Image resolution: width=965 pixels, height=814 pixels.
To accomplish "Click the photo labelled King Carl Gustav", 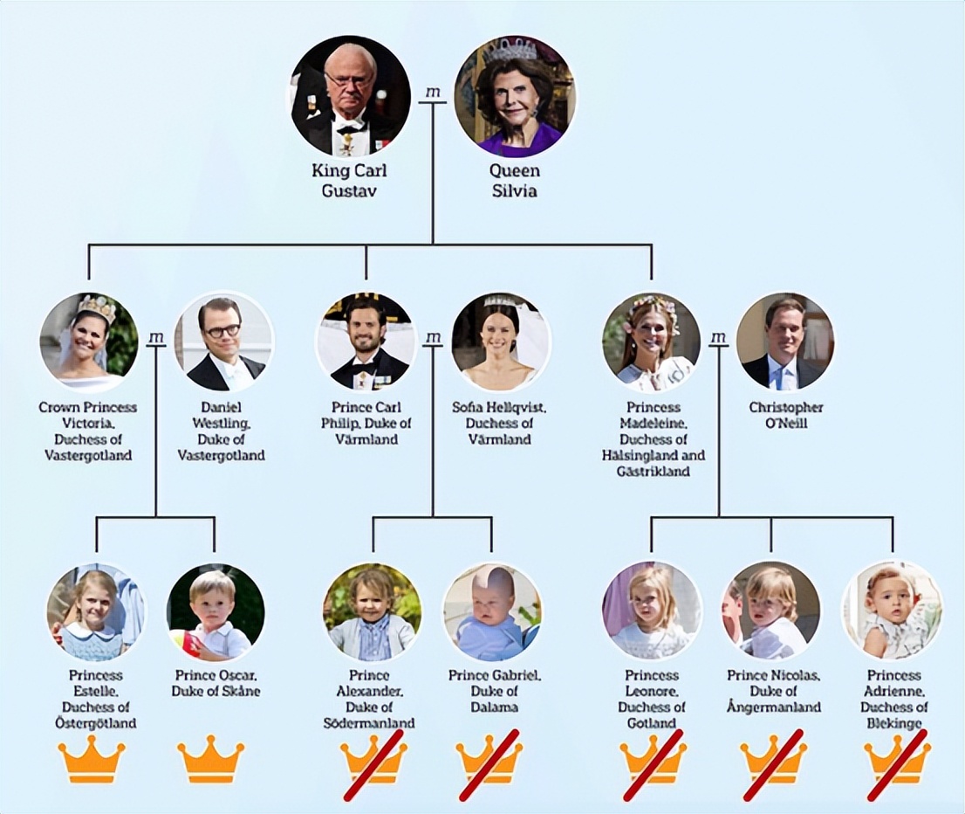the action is pos(351,95).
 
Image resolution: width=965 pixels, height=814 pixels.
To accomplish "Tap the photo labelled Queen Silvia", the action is pos(515,95).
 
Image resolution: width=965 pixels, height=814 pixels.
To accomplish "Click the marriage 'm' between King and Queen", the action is pos(434,93).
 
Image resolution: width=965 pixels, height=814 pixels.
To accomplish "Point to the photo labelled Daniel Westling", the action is pos(222,342).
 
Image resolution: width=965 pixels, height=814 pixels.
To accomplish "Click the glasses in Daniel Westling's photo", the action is pos(222,329).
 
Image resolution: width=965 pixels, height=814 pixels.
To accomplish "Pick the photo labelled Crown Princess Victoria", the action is pos(89,342).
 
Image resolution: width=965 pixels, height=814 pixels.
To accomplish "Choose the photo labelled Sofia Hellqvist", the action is pos(500,342).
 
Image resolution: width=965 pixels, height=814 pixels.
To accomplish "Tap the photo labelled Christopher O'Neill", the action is pos(785,342).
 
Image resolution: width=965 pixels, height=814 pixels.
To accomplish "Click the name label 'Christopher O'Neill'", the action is pos(786,416).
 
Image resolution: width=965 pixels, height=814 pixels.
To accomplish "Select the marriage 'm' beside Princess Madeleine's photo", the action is pos(718,338).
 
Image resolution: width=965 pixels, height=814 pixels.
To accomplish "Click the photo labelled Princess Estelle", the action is pos(97,612).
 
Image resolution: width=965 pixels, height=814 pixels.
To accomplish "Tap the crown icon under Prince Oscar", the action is pos(211,759).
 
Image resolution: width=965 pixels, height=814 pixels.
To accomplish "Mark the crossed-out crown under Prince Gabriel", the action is pos(489,762).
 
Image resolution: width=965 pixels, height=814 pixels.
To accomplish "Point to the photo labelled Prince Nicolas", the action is pos(771,612).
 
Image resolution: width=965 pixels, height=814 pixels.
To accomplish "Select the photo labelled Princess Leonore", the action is pos(652,612).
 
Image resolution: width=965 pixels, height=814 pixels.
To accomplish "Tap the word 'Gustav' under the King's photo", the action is pos(349,190).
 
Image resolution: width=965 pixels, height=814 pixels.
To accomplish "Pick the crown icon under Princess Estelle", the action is pos(92,759).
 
